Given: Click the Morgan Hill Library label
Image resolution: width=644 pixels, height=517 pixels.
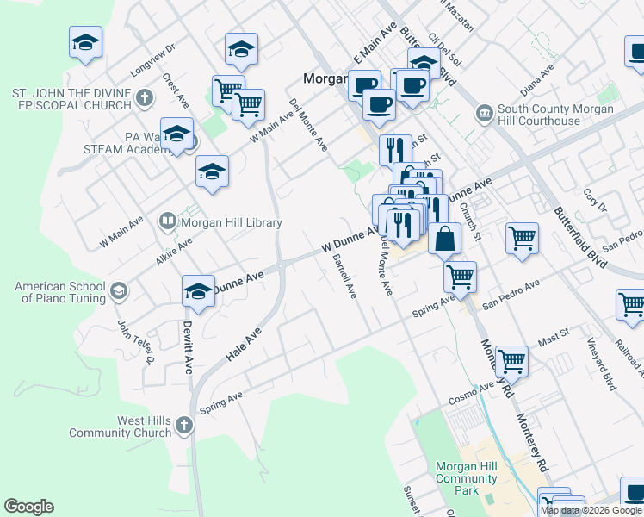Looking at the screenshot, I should [x=231, y=222].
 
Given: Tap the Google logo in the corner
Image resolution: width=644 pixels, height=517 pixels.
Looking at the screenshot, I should [x=28, y=507].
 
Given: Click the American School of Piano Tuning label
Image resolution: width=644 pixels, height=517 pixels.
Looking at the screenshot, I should [x=60, y=292].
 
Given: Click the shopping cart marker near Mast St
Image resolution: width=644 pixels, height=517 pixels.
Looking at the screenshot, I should [x=511, y=361].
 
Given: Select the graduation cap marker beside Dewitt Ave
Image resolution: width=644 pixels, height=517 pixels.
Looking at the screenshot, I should [x=198, y=291].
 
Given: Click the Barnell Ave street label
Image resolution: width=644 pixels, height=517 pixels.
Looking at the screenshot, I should [x=344, y=275].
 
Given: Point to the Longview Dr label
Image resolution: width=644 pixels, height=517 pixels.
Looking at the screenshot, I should [x=152, y=58].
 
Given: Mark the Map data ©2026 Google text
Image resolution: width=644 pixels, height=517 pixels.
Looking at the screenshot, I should [x=591, y=510].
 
